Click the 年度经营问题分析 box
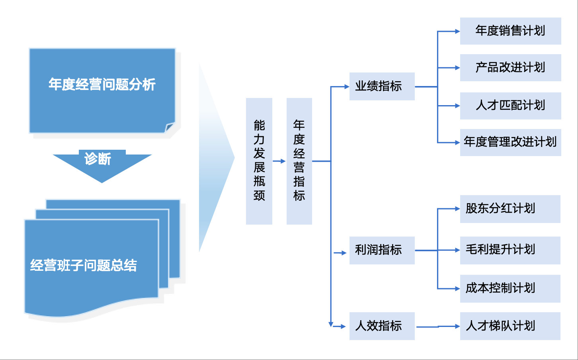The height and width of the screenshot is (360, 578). click(x=102, y=90)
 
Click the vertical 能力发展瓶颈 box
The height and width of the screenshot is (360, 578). click(x=259, y=161)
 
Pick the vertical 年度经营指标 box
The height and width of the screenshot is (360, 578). click(x=299, y=161)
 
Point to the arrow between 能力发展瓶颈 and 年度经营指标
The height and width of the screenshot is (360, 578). click(x=279, y=161)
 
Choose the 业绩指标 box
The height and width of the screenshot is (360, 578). click(x=382, y=86)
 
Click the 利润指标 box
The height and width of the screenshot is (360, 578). click(x=382, y=250)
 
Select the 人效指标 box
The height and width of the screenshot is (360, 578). click(x=382, y=326)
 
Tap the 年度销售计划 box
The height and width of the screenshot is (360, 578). click(x=510, y=31)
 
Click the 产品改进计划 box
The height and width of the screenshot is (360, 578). click(x=510, y=68)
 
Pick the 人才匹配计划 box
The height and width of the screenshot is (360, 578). click(x=510, y=106)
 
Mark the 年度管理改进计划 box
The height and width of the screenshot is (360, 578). click(x=510, y=142)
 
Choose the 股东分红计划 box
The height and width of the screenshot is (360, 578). click(x=510, y=209)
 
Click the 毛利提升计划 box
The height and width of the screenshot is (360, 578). click(x=510, y=250)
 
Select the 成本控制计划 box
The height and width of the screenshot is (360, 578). click(x=510, y=288)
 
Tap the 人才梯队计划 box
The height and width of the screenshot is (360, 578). click(x=510, y=326)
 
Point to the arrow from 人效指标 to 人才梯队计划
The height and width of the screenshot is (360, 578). click(x=438, y=327)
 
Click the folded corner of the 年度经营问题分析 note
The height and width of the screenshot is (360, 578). click(x=170, y=127)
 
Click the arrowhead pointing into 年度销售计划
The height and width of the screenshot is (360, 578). click(x=457, y=31)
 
